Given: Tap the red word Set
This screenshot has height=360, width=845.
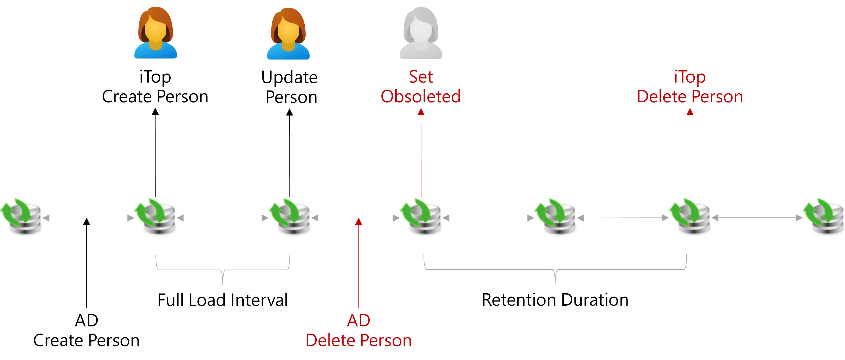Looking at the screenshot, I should pos(421,77).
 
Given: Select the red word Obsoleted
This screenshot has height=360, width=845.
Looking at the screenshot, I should pos(421,96).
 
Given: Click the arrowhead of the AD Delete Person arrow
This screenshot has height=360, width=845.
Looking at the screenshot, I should pos(359,222).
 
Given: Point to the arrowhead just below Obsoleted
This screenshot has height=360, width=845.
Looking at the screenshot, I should pos(421,113).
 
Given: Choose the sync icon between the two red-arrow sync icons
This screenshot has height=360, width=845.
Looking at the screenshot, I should pos(555,216).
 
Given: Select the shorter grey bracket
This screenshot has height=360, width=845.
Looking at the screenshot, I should pos(223,270).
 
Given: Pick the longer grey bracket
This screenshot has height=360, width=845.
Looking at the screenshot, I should pos(555,270).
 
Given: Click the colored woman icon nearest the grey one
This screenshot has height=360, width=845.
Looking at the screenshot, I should pos(288,34).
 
